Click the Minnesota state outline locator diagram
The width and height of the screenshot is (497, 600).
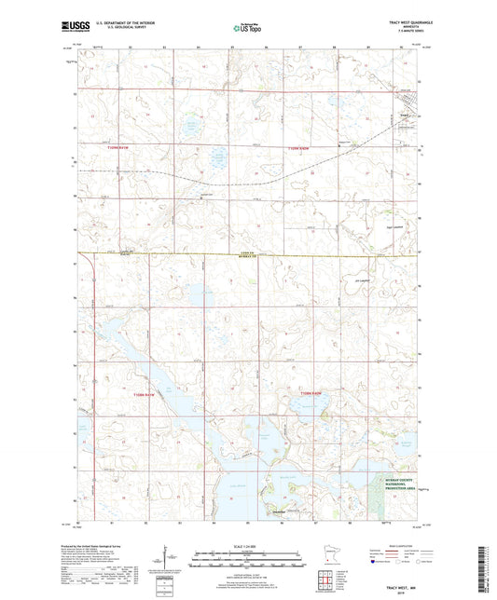[325, 561]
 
